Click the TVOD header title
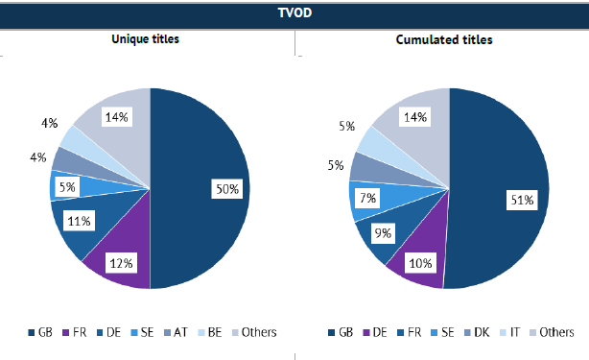coord(294,12)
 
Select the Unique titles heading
coord(145,39)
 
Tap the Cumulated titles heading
coord(444,39)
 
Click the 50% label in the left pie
coord(227,189)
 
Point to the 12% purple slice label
coord(121,263)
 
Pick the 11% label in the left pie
coord(79,221)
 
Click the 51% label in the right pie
coord(522,200)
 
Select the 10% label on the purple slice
coord(420,263)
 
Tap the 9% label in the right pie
coord(383,233)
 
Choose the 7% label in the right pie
coord(367,198)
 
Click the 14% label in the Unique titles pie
coord(116,117)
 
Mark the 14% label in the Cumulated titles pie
coord(415,117)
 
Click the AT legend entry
coord(176,332)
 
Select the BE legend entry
coord(210,332)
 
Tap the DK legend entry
coord(477,332)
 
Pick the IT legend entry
coord(510,332)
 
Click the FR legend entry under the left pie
coord(75,332)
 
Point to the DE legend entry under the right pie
coord(375,332)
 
